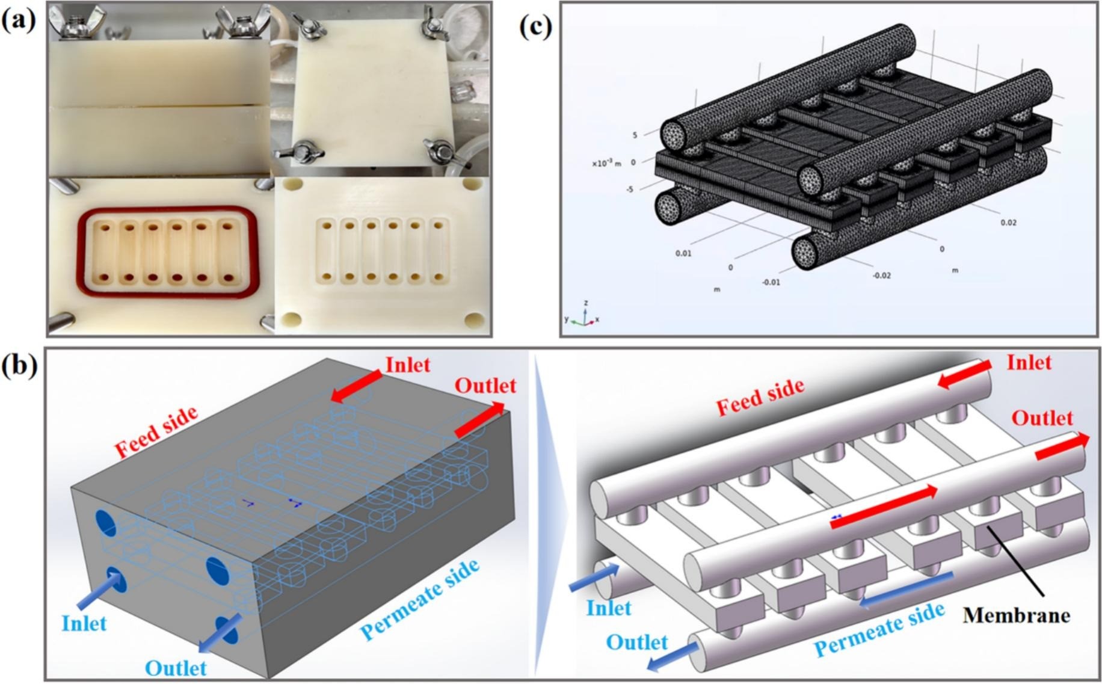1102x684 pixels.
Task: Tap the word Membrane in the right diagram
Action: [x=1017, y=615]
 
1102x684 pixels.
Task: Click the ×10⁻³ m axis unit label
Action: [x=606, y=164]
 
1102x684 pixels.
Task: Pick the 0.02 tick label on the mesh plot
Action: [x=1009, y=223]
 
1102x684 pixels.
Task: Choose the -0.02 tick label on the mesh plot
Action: [x=882, y=276]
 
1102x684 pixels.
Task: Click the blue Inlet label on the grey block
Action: [x=84, y=623]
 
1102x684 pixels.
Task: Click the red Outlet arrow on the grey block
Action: [x=479, y=419]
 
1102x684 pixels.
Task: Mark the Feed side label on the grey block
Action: [x=156, y=433]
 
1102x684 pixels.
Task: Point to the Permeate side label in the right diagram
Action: [x=879, y=629]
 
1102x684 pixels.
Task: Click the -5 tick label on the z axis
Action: [x=629, y=189]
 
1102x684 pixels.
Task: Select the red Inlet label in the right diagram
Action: [x=1029, y=363]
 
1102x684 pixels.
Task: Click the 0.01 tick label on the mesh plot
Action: [x=683, y=253]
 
